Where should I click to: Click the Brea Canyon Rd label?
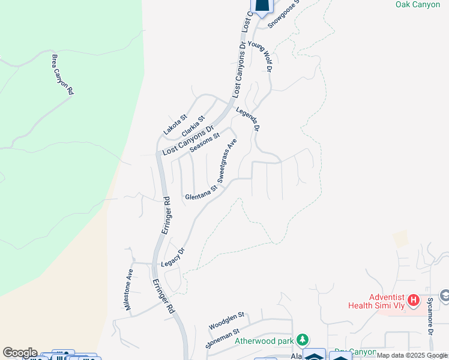(62, 74)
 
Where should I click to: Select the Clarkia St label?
(193, 125)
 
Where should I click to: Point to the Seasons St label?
(205, 143)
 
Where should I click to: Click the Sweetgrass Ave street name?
(227, 160)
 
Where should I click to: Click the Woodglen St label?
(227, 320)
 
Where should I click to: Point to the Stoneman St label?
(223, 338)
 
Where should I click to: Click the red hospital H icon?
(413, 299)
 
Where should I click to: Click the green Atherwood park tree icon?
(304, 340)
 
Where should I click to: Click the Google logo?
(19, 353)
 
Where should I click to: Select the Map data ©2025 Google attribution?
(412, 356)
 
